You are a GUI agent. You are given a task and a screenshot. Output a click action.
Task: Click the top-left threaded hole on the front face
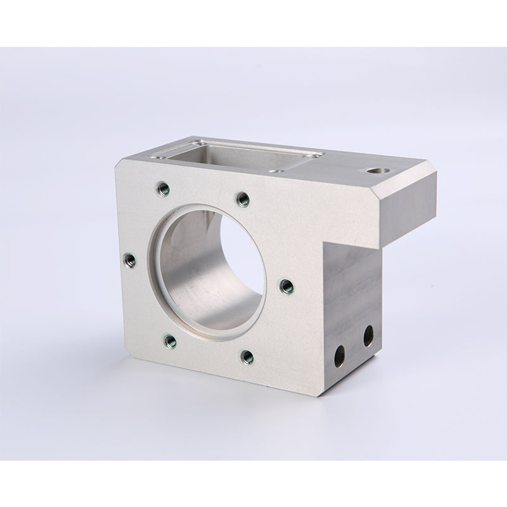tap(162, 188)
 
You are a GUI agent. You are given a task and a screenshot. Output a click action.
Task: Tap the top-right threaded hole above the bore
tap(242, 200)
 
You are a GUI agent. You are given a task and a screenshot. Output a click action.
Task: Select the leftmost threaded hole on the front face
tap(129, 259)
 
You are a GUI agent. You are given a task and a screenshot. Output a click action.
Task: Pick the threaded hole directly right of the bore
tap(286, 286)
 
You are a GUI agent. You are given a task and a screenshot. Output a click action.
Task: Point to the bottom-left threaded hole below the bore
tap(170, 342)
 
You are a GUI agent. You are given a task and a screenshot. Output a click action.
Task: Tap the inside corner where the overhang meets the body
tap(325, 244)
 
